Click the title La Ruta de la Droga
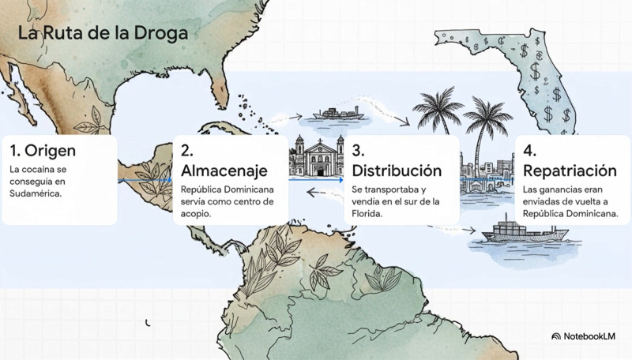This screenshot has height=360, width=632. click(102, 35)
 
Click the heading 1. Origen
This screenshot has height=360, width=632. click(43, 150)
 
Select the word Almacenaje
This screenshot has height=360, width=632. click(224, 171)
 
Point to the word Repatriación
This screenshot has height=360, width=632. click(570, 171)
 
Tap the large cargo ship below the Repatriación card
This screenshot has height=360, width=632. click(510, 231)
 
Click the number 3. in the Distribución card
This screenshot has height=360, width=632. click(358, 150)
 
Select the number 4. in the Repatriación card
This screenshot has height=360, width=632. click(531, 150)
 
